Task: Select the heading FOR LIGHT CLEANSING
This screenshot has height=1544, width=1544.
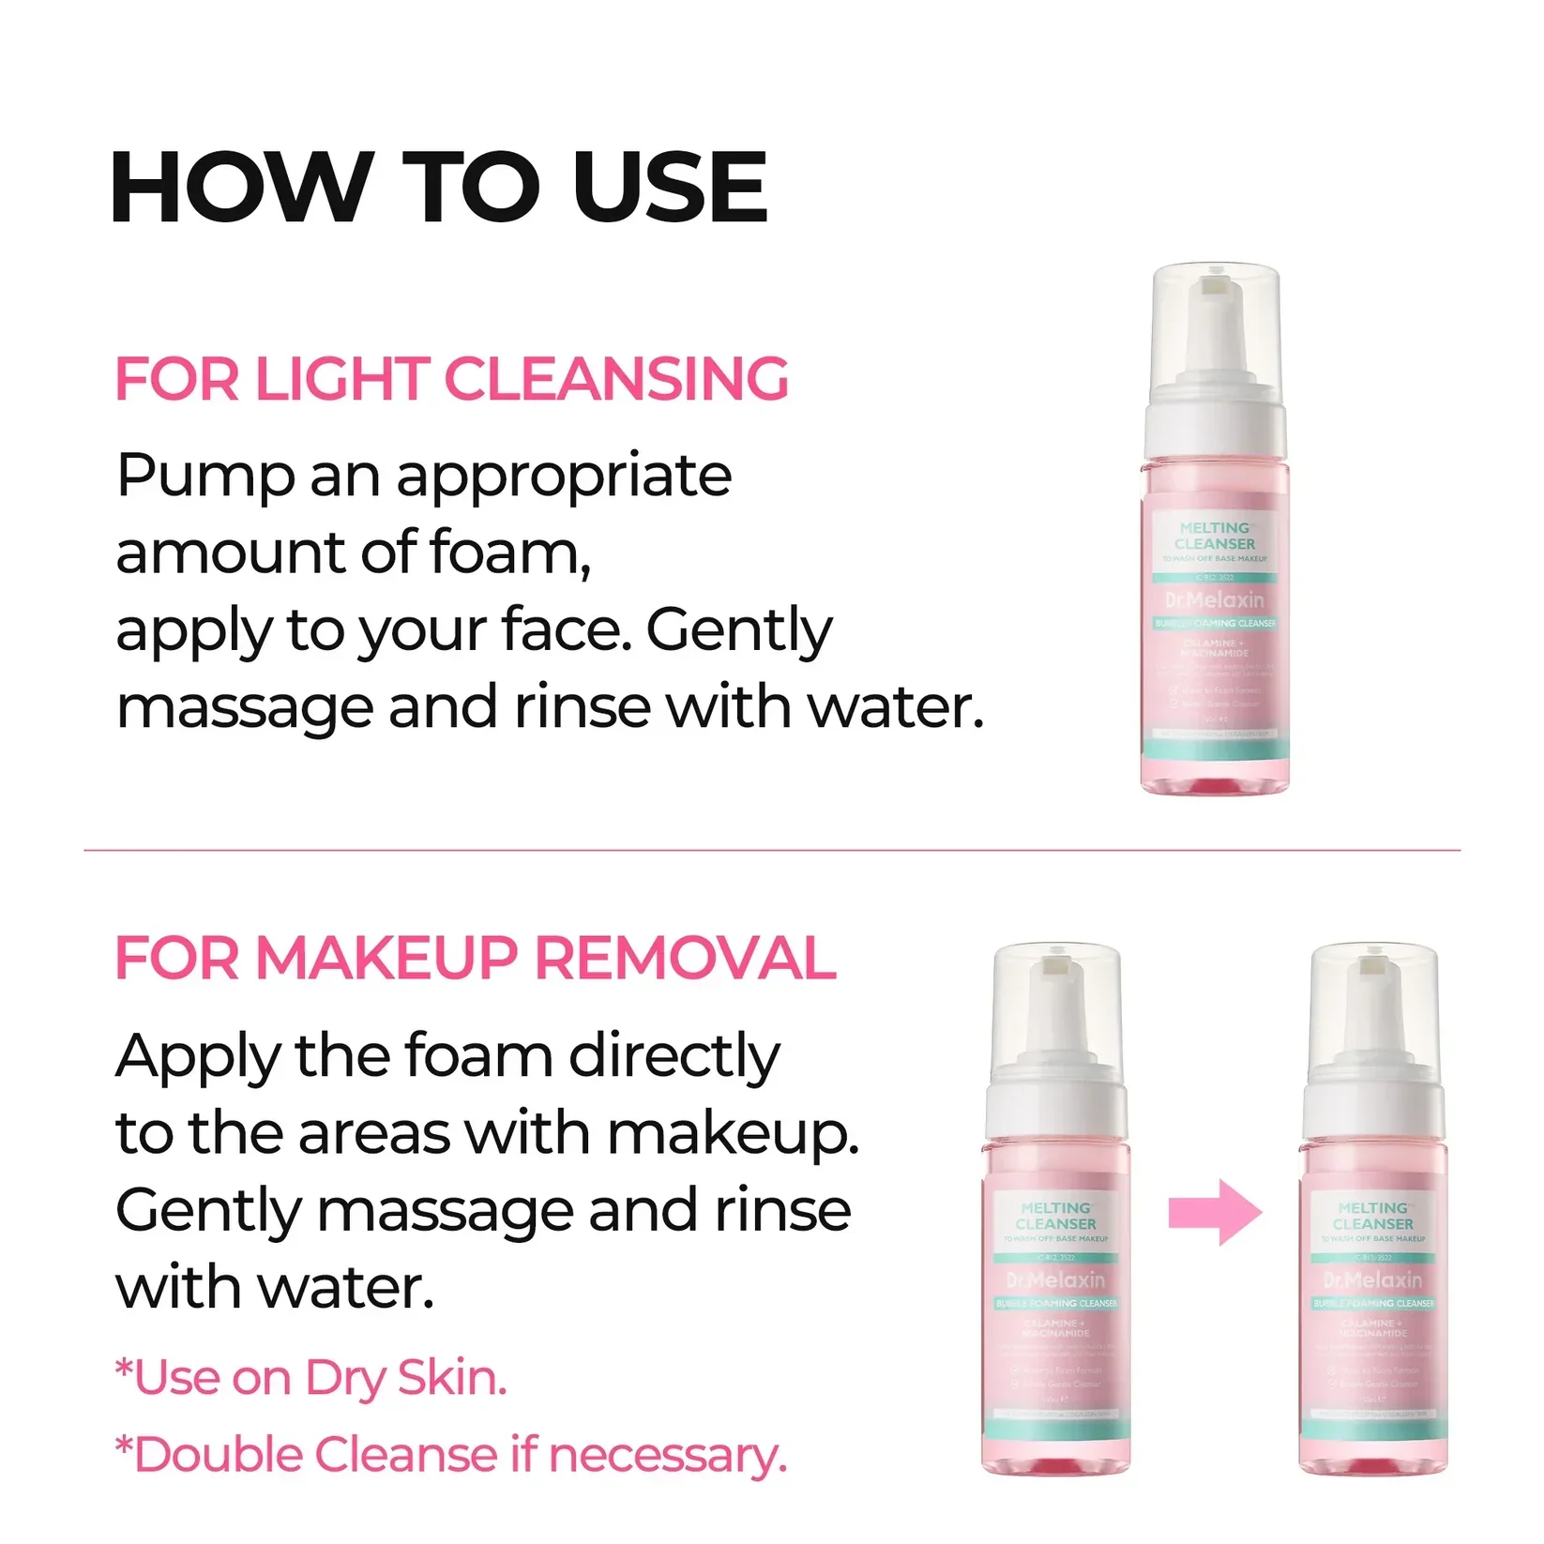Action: (x=451, y=379)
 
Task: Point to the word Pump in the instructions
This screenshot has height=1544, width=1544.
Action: (x=205, y=477)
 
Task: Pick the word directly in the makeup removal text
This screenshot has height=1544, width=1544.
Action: (x=674, y=1056)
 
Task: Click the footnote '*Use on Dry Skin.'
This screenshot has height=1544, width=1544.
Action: (x=310, y=1378)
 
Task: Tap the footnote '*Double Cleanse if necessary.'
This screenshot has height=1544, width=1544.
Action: (x=450, y=1455)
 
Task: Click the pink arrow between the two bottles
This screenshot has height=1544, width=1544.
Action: (x=1215, y=1213)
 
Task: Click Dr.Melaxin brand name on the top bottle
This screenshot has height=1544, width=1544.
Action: (x=1215, y=599)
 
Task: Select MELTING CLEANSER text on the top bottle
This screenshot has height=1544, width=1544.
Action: (x=1215, y=536)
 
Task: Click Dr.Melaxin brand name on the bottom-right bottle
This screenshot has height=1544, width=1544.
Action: (x=1372, y=1279)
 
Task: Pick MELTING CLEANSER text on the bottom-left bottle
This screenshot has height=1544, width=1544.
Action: (x=1056, y=1216)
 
